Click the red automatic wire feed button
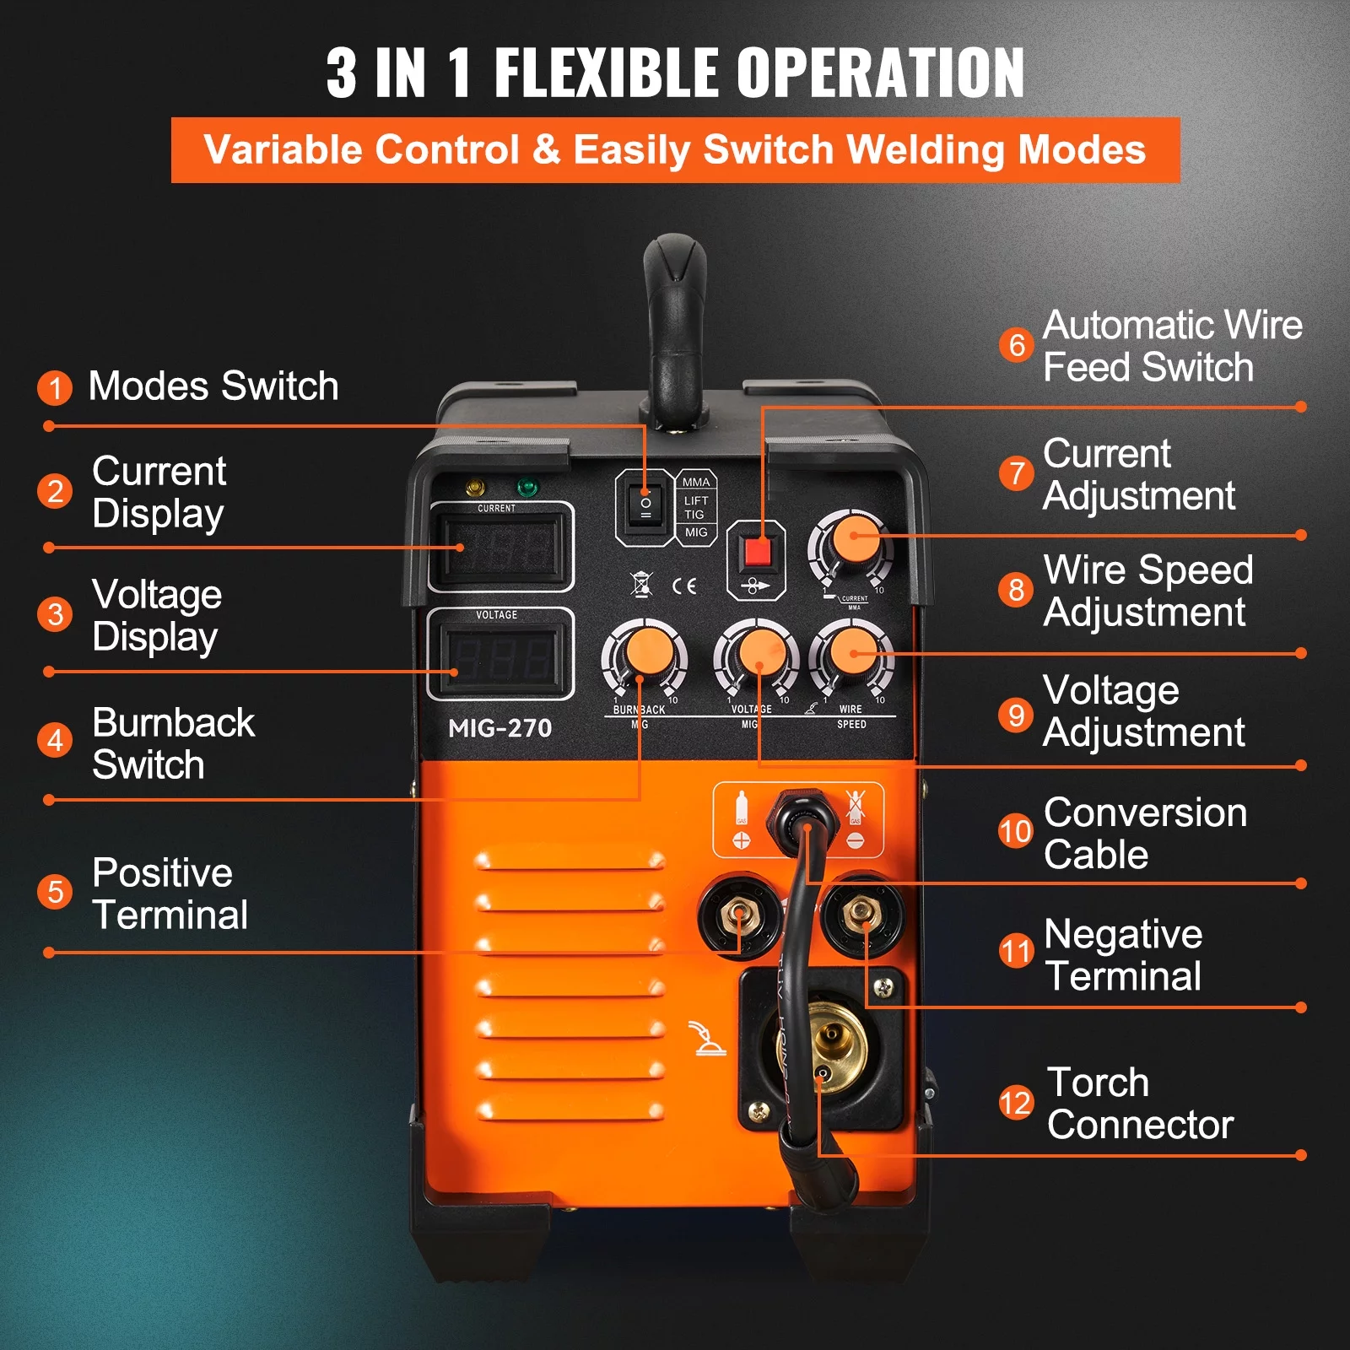(757, 552)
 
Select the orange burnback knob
(646, 655)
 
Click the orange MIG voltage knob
(759, 655)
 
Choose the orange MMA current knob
(853, 540)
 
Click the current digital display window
(501, 548)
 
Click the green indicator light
(527, 488)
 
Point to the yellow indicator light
(476, 488)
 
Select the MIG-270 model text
(499, 728)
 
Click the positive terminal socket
(739, 914)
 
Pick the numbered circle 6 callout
(1017, 345)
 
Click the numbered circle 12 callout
(1015, 1103)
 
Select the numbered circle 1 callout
(55, 387)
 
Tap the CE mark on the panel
(684, 586)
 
